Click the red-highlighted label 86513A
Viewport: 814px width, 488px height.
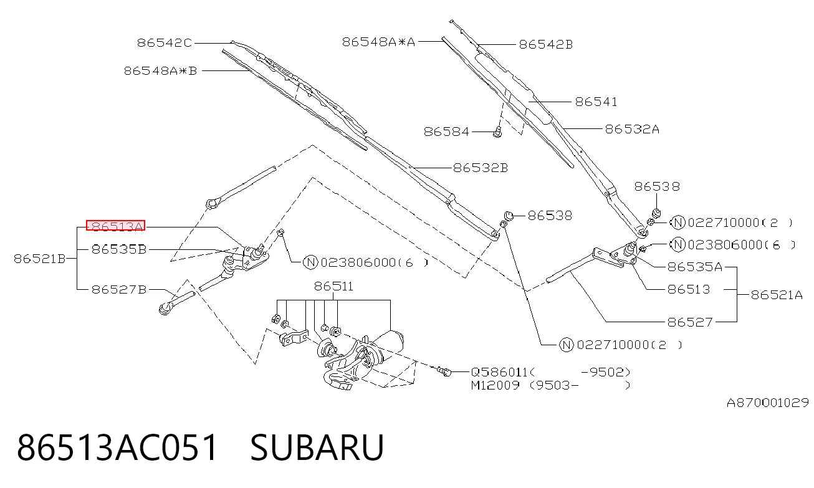(x=115, y=226)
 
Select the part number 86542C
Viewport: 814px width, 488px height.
(x=165, y=43)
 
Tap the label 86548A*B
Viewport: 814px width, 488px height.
(x=160, y=71)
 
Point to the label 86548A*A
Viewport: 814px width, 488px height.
(x=378, y=42)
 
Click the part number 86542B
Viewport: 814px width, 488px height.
(x=546, y=44)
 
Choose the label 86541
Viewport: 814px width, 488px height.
(x=596, y=102)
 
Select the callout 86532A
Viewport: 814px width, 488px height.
(x=632, y=129)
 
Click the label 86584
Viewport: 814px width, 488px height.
(x=446, y=132)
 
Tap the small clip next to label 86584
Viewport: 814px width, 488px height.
(x=497, y=132)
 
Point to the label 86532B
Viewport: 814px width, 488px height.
(x=481, y=168)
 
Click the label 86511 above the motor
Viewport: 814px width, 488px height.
(x=333, y=286)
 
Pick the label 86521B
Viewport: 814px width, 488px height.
(x=40, y=259)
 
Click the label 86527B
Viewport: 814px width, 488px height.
(x=119, y=290)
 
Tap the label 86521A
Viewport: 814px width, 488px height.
(x=777, y=295)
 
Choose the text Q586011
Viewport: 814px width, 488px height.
(x=499, y=372)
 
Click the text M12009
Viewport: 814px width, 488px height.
(x=496, y=385)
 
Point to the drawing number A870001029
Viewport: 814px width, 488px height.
(x=767, y=403)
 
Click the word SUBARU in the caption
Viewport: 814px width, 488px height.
(x=317, y=447)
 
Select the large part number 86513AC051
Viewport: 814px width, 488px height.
(x=117, y=447)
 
